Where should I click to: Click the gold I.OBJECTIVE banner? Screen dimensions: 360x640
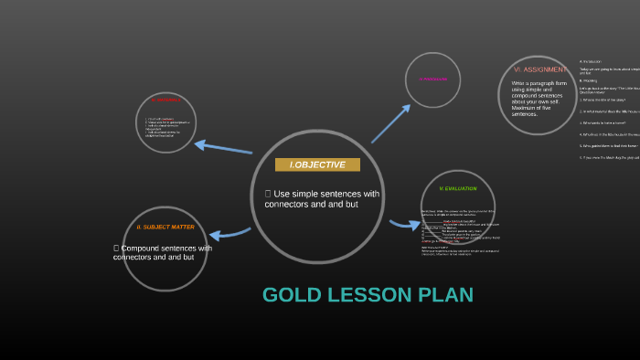tap(317, 164)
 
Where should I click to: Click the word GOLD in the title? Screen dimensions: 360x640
tap(292, 295)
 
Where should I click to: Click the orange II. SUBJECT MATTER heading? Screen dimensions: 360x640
tap(165, 227)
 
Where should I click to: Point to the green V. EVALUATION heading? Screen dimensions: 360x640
tap(458, 188)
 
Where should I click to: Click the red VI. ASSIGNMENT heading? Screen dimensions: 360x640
tap(540, 69)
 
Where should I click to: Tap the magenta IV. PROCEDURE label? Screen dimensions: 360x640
tap(433, 79)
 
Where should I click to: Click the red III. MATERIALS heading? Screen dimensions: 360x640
tap(166, 100)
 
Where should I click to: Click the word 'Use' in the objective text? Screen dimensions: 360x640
tap(282, 194)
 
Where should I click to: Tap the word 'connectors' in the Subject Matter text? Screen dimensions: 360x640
tap(132, 258)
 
